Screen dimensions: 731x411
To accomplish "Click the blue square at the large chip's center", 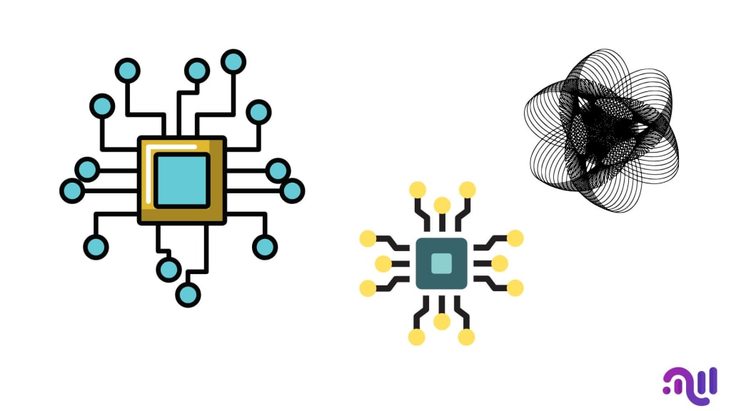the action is (x=181, y=180).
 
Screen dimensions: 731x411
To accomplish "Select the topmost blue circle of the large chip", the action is (x=233, y=61).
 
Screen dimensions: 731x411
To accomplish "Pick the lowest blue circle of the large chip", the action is (x=188, y=294).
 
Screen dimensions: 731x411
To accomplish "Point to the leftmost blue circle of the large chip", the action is (x=71, y=191).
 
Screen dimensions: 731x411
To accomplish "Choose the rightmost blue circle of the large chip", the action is (x=291, y=191).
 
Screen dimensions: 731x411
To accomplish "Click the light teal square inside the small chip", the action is (x=441, y=263).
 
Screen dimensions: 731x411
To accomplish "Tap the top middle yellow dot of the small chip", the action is (x=442, y=205).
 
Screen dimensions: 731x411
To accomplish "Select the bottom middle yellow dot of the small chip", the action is (x=442, y=321).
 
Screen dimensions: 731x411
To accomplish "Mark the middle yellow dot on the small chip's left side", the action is (x=383, y=263).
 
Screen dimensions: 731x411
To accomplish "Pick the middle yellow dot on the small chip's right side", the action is (x=500, y=263).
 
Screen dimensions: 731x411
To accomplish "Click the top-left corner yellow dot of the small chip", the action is (x=418, y=190).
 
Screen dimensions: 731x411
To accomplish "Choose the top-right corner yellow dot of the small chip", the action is (x=468, y=190).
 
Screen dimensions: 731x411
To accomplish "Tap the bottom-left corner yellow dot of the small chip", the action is (x=417, y=337).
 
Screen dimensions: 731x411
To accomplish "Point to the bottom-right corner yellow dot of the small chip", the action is (x=466, y=337).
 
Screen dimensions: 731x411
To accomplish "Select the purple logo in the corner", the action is (x=690, y=382).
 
